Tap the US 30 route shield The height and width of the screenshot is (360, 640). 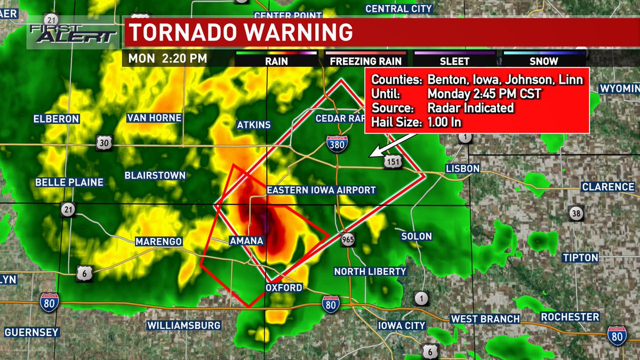[104, 142]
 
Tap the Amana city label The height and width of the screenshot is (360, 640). [246, 241]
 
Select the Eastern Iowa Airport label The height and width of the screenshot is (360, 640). [322, 190]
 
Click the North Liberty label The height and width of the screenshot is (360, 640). [370, 271]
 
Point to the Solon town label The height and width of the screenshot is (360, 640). [416, 236]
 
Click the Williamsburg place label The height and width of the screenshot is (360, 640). [183, 325]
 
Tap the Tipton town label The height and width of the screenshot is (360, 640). [580, 258]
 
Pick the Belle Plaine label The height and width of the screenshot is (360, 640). [69, 182]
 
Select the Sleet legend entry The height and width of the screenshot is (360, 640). [454, 61]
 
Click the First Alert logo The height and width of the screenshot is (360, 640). [73, 33]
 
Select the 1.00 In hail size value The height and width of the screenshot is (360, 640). [444, 122]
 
